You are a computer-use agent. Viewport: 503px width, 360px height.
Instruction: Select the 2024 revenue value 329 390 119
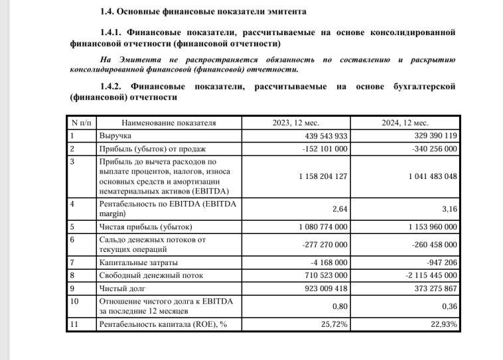point(431,135)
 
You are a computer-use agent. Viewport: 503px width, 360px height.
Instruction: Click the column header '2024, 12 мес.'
point(405,123)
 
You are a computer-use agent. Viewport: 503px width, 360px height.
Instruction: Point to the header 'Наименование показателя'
point(169,123)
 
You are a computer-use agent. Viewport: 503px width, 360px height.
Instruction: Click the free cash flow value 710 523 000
point(322,274)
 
